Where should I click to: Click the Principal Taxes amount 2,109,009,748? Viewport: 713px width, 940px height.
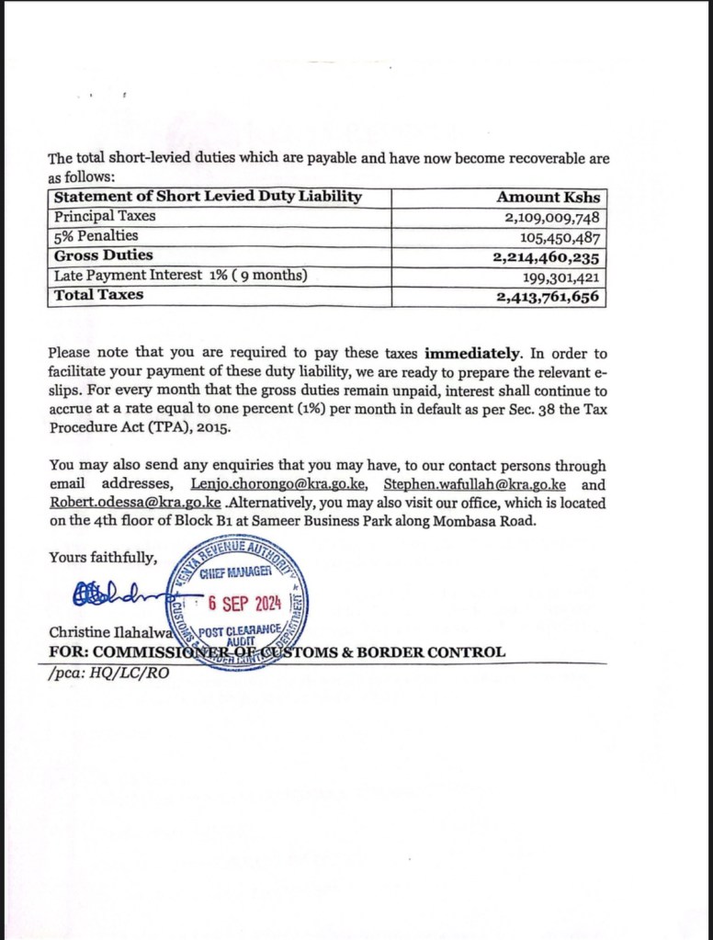[x=552, y=217]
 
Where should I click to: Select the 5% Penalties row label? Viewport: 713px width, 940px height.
[x=96, y=236]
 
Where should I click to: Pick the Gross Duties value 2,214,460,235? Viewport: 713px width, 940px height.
[x=549, y=256]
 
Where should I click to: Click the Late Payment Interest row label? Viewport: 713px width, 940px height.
[x=180, y=276]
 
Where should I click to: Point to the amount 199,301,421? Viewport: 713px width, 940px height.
[x=560, y=276]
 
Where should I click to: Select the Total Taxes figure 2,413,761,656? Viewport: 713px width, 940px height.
[x=549, y=296]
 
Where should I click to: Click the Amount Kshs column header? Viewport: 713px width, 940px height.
[x=548, y=197]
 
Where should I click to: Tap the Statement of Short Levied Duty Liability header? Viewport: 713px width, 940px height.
[x=208, y=197]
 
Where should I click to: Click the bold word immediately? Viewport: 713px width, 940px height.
[x=472, y=353]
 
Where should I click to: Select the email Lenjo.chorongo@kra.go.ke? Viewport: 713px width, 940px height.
[x=280, y=484]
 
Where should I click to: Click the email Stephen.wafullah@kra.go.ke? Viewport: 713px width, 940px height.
[x=474, y=484]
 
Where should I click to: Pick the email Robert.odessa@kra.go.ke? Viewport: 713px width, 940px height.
[x=135, y=503]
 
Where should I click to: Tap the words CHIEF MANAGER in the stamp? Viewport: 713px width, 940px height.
[x=235, y=572]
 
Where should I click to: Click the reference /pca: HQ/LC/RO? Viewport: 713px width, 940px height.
[x=108, y=671]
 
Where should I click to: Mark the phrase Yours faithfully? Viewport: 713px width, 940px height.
[x=103, y=558]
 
